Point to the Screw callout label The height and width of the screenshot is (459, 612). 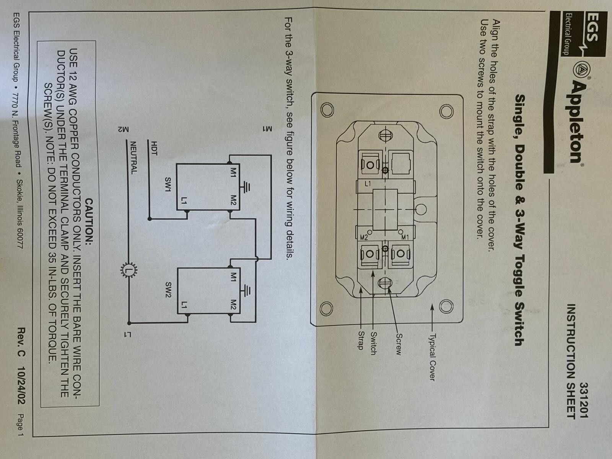398,344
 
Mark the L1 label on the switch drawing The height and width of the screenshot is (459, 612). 368,184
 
